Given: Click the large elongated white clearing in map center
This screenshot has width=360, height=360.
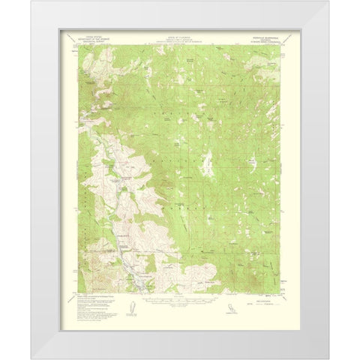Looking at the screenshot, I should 212,162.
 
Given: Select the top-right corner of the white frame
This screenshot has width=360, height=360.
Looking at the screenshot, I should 323,2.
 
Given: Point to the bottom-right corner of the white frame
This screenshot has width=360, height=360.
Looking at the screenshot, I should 323,358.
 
